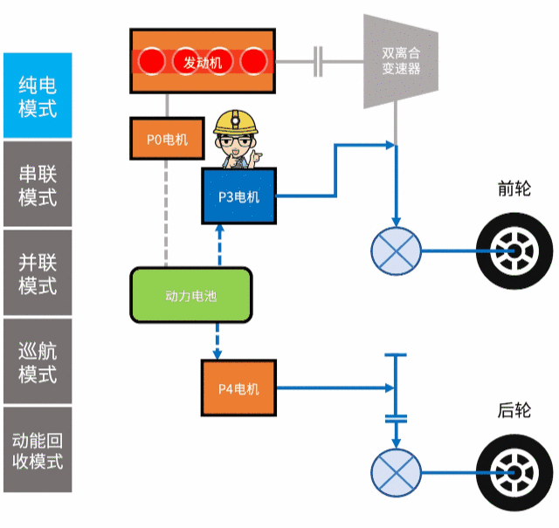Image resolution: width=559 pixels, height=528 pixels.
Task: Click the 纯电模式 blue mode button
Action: tap(37, 96)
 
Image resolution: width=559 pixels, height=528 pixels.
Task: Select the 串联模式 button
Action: tap(37, 184)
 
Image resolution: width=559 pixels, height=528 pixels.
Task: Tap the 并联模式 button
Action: tap(37, 272)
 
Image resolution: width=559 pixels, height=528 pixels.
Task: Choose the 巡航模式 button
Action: tap(37, 361)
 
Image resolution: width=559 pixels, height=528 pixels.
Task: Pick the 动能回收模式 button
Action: tap(37, 449)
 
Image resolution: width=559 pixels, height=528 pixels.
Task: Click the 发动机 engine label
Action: tap(203, 62)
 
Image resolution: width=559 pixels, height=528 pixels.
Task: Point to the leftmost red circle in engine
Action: tap(153, 61)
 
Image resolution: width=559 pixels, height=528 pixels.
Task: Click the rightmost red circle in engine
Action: tap(254, 61)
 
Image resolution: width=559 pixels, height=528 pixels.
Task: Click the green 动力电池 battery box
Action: tap(191, 296)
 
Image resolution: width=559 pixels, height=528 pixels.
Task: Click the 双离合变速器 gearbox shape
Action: tap(400, 61)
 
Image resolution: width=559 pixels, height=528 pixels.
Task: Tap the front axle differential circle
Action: tap(396, 250)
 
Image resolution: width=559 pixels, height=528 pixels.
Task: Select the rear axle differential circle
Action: tap(396, 471)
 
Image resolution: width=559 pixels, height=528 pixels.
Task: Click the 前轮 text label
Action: tap(514, 189)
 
